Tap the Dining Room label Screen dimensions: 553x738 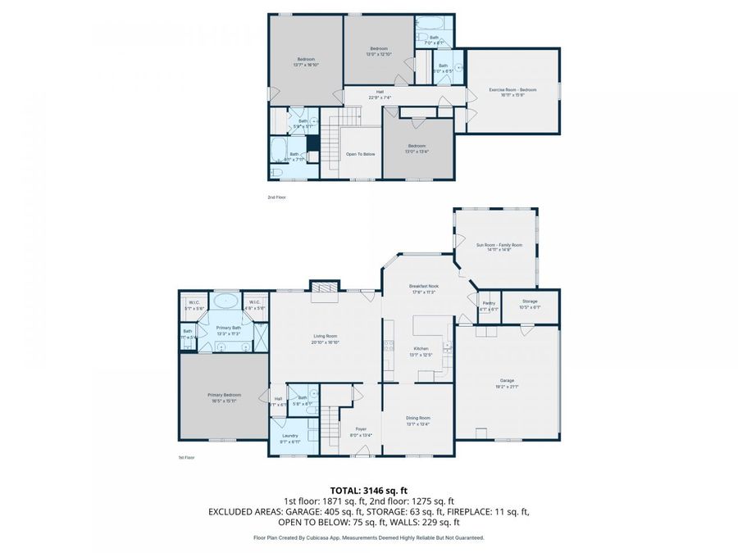(418, 418)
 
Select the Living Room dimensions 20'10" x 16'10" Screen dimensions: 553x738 (326, 342)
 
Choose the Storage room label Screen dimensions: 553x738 (530, 301)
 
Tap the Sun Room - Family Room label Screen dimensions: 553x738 (499, 244)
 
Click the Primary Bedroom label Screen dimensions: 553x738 (225, 395)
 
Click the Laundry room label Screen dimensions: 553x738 (290, 435)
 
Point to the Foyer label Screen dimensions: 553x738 (361, 429)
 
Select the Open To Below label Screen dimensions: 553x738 (361, 153)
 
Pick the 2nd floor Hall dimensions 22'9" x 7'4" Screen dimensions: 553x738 (380, 97)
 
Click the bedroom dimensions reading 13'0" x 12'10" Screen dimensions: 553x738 (379, 55)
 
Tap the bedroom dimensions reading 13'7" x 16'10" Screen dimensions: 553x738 (307, 64)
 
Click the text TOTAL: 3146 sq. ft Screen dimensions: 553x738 (369, 489)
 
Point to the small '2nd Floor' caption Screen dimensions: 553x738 (276, 197)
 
